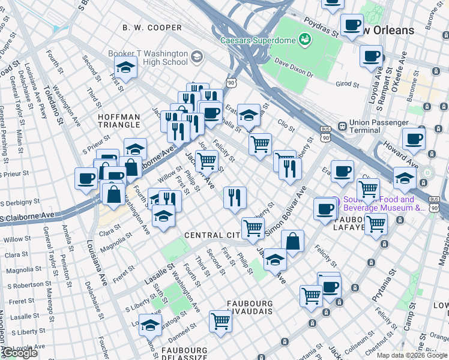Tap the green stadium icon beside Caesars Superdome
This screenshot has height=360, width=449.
[x=305, y=40]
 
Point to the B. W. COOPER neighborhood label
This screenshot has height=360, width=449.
[x=152, y=28]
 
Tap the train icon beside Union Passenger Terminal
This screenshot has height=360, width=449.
[x=342, y=127]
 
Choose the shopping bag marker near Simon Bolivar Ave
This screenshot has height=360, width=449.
[x=292, y=242]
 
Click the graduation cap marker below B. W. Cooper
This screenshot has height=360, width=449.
[x=125, y=68]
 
